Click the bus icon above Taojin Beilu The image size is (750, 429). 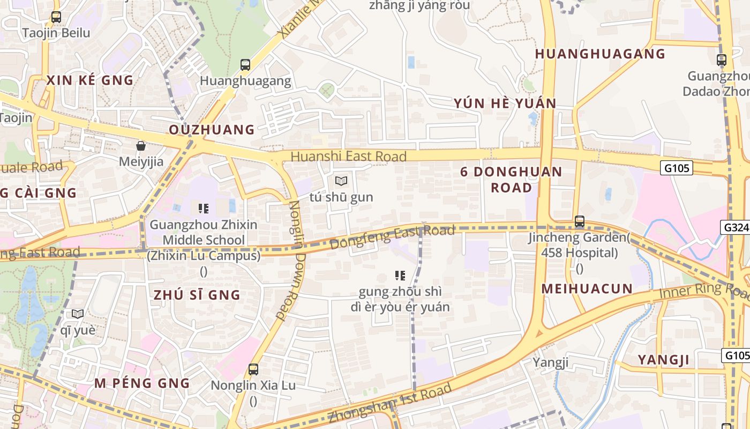pos(56,17)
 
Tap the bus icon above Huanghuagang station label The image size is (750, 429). pos(245,65)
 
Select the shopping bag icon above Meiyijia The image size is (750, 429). pos(141,146)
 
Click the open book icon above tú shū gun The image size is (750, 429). pos(341,181)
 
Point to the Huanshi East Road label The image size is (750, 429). pos(349,157)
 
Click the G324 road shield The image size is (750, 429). pos(736,227)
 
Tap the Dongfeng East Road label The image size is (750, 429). pos(392,238)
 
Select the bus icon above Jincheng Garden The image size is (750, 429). pos(579,221)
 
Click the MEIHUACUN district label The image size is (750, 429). pos(587,289)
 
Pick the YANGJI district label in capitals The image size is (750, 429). pos(663,360)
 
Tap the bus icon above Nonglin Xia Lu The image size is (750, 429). pos(253,369)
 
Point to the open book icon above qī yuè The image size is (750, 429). pos(78,314)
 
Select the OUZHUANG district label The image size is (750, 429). pos(212,130)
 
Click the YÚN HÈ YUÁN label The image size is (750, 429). pos(505,103)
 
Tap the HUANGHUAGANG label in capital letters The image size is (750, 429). pos(600,54)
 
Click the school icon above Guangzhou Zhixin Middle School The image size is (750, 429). pos(204,208)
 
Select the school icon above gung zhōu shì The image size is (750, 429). pos(400,276)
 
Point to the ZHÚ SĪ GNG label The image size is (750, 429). pos(197,295)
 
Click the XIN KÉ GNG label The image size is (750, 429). pos(89,80)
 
